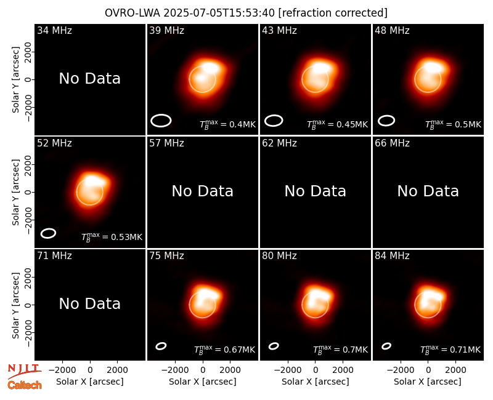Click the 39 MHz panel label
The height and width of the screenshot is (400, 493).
166,30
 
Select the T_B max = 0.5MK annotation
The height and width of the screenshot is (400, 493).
453,124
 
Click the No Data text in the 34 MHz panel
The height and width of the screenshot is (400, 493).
89,79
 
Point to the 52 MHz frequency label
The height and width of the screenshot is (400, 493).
54,143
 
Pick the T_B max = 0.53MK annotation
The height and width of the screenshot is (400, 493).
112,237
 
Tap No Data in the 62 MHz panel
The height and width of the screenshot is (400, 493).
315,191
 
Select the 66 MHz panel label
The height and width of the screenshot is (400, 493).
392,143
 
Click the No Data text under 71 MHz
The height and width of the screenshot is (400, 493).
89,304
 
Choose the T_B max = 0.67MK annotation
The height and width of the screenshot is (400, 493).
224,350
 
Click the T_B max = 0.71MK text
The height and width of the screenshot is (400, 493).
450,350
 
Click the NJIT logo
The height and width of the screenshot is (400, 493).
24,370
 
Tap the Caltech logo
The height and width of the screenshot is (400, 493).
25,385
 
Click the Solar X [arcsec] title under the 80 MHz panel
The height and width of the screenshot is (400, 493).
315,382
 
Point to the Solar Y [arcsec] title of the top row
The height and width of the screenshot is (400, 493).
15,80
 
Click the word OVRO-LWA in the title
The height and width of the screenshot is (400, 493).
132,13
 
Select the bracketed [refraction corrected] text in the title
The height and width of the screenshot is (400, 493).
333,13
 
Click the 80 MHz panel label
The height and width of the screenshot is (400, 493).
279,256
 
